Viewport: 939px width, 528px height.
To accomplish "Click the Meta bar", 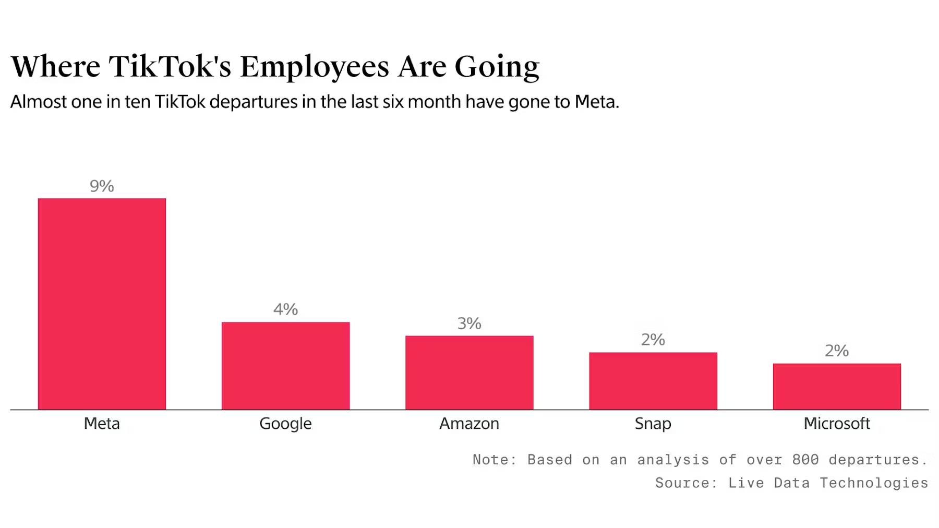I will (x=102, y=304).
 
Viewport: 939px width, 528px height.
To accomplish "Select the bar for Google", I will (x=285, y=365).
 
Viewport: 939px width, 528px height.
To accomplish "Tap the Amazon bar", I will (x=469, y=372).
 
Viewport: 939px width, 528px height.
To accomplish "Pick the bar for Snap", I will (x=653, y=380).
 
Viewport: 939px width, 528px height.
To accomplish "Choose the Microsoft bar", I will (x=837, y=386).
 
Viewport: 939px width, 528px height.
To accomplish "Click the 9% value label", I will (x=102, y=186).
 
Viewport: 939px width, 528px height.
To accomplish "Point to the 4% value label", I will (x=285, y=309).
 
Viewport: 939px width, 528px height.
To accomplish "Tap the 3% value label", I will (x=469, y=323).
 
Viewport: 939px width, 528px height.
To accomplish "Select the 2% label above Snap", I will (x=653, y=340).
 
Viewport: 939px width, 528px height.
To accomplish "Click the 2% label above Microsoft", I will (x=837, y=351).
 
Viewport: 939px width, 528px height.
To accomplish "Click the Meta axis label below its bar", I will (x=102, y=423).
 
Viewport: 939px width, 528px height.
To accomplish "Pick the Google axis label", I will (x=285, y=424).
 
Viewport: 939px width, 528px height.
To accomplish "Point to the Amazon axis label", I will (x=469, y=423).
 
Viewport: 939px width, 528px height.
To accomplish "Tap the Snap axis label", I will (x=653, y=424).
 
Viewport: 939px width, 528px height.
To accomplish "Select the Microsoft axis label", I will (x=837, y=423).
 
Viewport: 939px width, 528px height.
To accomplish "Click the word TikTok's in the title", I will (x=170, y=67).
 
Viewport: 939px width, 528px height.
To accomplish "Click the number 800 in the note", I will (x=805, y=460).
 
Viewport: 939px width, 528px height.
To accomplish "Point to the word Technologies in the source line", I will (x=874, y=484).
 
